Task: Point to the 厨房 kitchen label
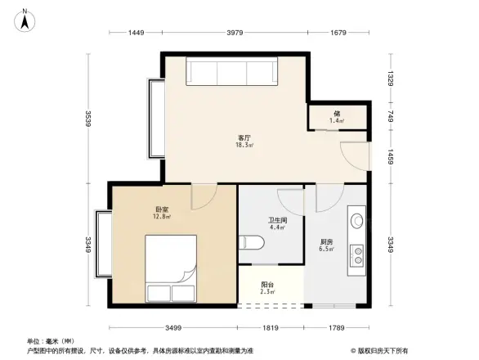point(326,243)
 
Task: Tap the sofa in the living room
point(234,72)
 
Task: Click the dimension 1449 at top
point(136,33)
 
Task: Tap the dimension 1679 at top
point(338,33)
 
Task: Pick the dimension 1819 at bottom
point(270,327)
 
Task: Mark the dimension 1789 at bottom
point(336,327)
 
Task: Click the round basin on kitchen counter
point(357,220)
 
